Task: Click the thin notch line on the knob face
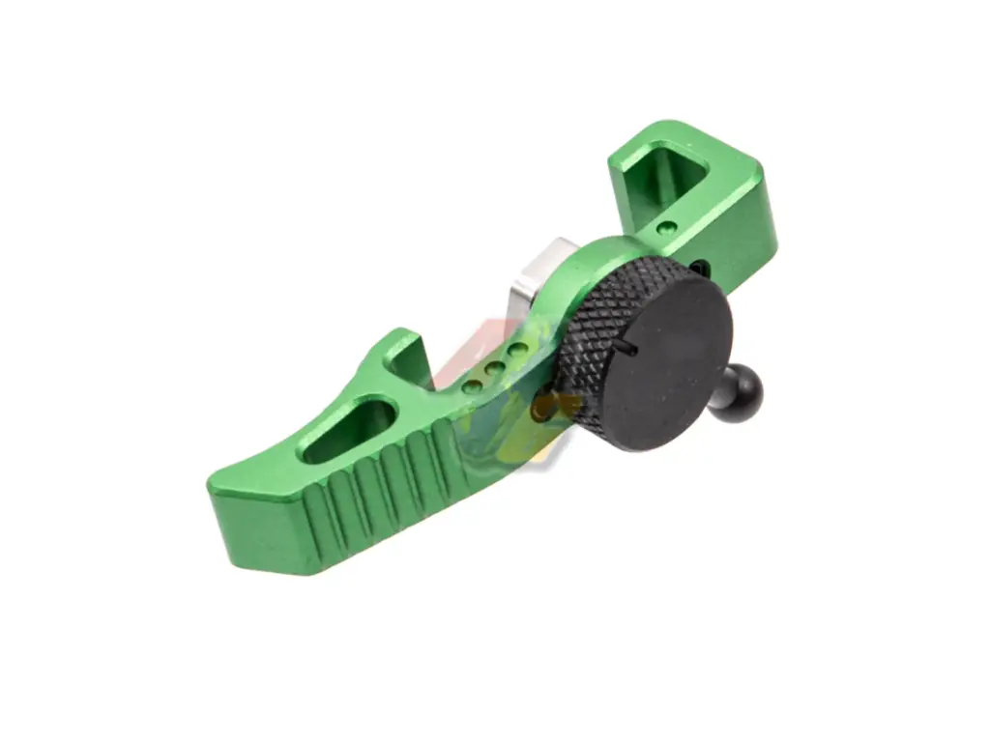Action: click(629, 349)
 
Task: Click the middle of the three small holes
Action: click(495, 367)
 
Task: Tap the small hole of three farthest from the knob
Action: click(472, 385)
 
